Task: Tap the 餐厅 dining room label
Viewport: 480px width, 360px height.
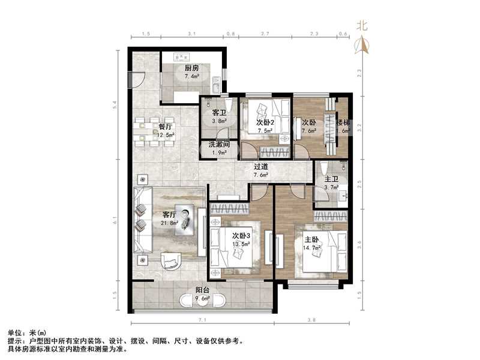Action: tap(165, 127)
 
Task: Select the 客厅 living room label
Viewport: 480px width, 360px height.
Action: tap(169, 214)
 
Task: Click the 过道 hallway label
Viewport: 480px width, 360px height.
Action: tap(260, 167)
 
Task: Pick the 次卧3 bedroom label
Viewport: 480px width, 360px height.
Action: tap(241, 235)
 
